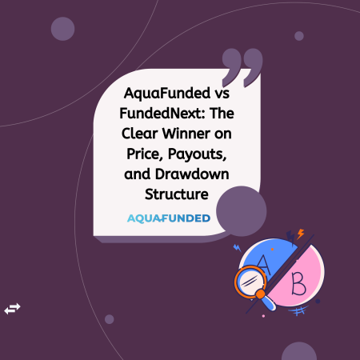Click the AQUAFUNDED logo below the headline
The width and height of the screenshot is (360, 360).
click(x=169, y=218)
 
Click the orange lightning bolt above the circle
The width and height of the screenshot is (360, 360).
click(x=300, y=234)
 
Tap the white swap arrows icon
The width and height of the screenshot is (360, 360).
click(x=13, y=308)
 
